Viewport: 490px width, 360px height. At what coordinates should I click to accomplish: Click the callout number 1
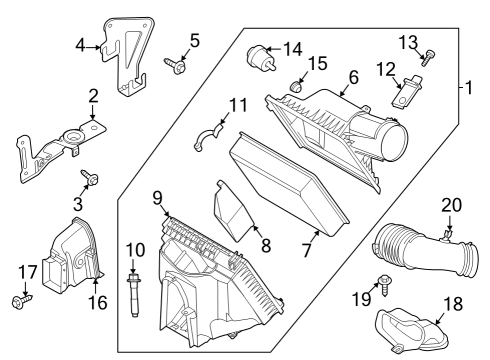[x=466, y=86]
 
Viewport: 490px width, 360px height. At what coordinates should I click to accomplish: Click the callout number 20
[x=452, y=205]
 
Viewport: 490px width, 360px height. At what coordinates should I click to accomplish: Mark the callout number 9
[x=157, y=199]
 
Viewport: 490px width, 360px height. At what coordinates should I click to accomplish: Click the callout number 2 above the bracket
[x=92, y=97]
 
